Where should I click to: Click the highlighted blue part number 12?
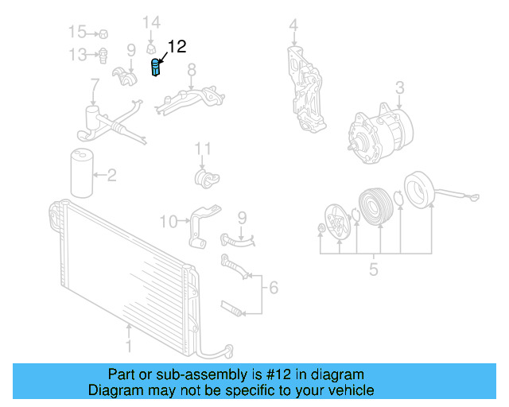click(x=156, y=68)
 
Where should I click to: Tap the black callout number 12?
click(x=177, y=46)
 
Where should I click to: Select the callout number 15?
click(x=77, y=32)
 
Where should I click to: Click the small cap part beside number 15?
click(x=103, y=33)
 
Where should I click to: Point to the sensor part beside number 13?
click(x=103, y=56)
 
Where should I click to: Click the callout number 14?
click(x=152, y=22)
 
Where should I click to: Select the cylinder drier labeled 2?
click(x=82, y=173)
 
